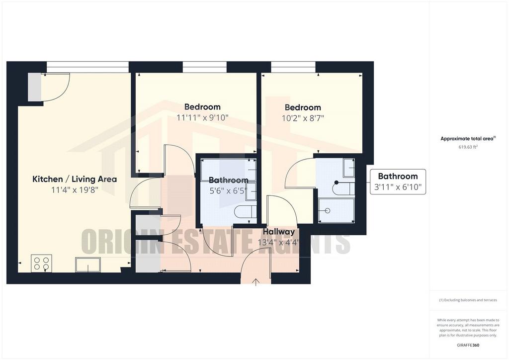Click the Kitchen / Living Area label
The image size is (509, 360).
click(75, 179)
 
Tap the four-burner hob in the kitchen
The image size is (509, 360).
click(41, 263)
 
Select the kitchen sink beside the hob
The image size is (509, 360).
click(88, 265)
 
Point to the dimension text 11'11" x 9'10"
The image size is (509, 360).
click(203, 117)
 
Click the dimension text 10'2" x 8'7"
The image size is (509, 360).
click(303, 118)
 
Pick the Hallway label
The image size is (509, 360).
click(279, 232)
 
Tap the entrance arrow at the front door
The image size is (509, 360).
click(256, 282)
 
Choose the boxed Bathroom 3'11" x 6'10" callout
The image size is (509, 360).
click(398, 182)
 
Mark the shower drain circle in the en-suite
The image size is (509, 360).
click(328, 211)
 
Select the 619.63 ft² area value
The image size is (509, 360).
click(468, 147)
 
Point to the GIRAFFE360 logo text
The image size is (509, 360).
click(468, 345)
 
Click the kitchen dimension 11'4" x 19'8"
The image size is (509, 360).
click(75, 190)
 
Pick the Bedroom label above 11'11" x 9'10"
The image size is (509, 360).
click(203, 107)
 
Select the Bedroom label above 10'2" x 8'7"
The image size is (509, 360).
click(303, 107)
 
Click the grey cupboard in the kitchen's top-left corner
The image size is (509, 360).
click(34, 87)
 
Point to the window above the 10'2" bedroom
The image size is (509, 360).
click(293, 67)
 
